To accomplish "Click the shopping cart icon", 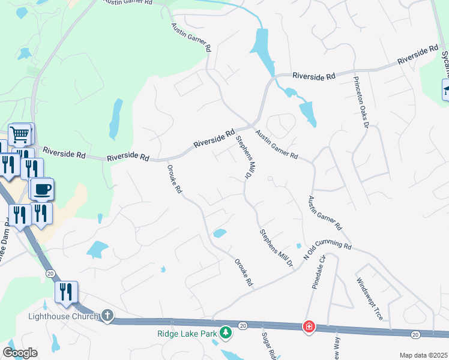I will (x=20, y=134).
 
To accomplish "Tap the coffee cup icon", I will (x=41, y=190).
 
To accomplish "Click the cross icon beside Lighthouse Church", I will (x=107, y=316).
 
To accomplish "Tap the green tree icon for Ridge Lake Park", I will (x=226, y=331).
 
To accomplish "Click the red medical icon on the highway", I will (x=309, y=326).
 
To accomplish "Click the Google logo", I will (x=20, y=353).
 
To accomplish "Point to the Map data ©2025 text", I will (x=423, y=355).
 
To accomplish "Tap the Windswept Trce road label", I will (x=369, y=299).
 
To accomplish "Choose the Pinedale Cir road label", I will (x=318, y=272).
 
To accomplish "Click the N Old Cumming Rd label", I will (x=327, y=250).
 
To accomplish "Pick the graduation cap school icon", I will (x=445, y=91).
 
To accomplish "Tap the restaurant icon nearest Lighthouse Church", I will (x=66, y=292).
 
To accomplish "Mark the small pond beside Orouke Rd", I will (x=220, y=233).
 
